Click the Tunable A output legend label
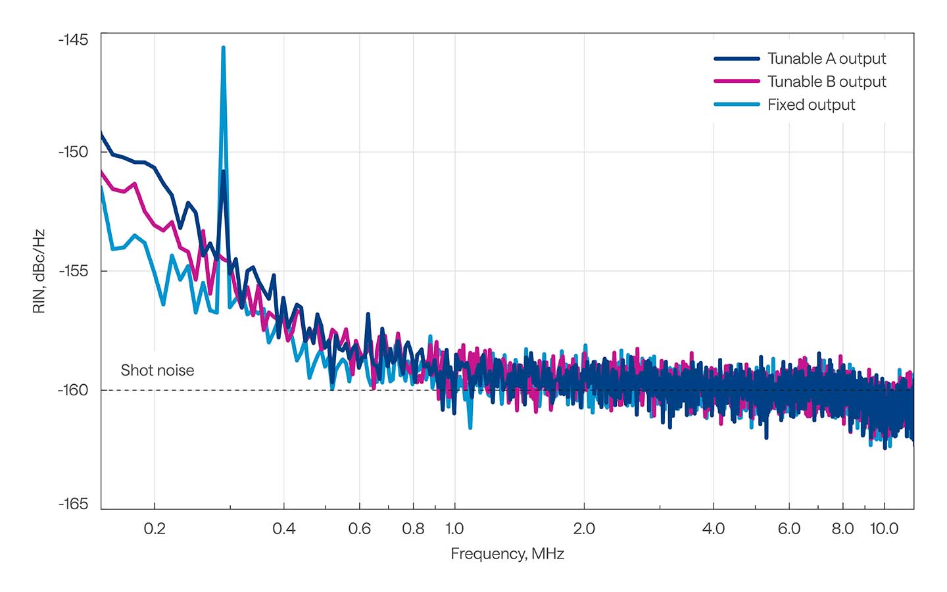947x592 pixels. click(826, 59)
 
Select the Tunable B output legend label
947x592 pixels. click(826, 82)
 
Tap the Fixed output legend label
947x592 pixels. click(811, 105)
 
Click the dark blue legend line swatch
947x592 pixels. click(737, 59)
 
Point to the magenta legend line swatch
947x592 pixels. click(737, 82)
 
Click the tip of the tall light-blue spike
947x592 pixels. click(224, 47)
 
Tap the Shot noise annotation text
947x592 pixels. click(157, 370)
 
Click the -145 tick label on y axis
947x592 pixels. click(73, 39)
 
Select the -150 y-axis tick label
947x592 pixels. click(73, 152)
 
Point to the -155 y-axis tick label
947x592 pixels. click(73, 271)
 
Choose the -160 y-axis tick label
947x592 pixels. click(73, 390)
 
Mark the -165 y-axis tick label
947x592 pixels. click(73, 504)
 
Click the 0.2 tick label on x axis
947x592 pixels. click(155, 529)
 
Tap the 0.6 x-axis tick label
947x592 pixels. click(359, 529)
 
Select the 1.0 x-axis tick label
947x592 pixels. click(454, 529)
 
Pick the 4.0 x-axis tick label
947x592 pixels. click(714, 529)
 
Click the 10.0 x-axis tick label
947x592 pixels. click(884, 529)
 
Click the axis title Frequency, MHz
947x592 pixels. click(507, 554)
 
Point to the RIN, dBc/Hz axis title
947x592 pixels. click(39, 271)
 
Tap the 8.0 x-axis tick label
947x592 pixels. click(842, 529)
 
